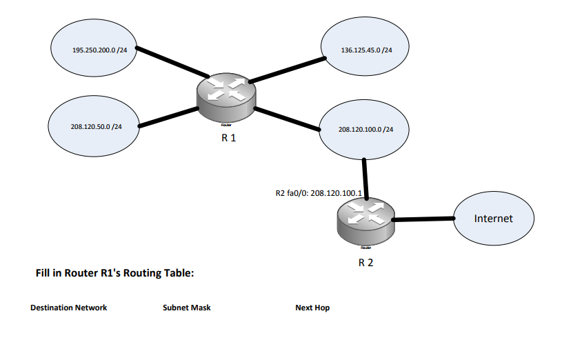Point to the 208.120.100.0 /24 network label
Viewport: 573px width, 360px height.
pos(365,129)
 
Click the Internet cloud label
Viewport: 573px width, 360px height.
pos(494,218)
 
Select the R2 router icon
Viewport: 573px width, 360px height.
pos(365,220)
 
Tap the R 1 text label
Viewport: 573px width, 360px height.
pos(228,138)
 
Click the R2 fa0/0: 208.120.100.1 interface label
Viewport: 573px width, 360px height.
pos(319,193)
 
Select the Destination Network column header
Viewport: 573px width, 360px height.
pos(68,308)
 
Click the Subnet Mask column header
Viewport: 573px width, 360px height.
pos(186,308)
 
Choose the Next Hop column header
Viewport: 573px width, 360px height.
pos(312,308)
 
